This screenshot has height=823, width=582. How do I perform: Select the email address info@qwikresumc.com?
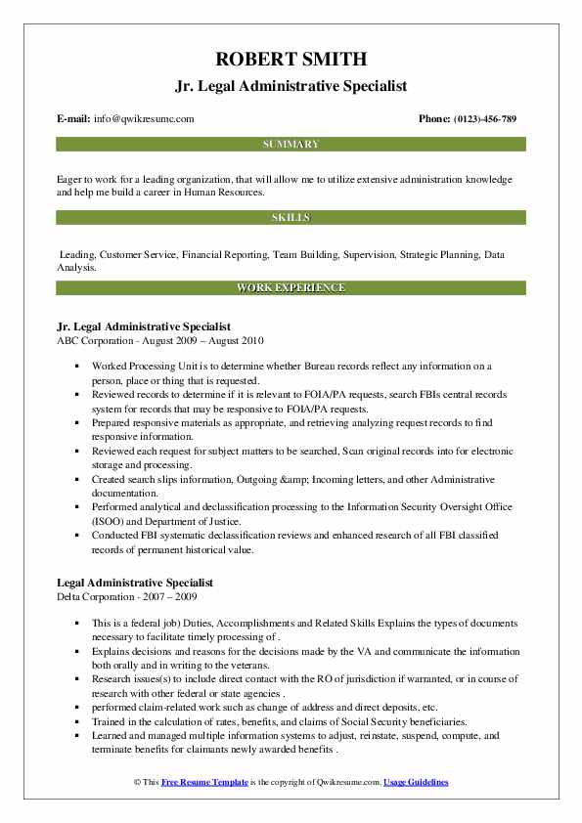point(144,119)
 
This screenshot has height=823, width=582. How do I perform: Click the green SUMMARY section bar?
point(291,145)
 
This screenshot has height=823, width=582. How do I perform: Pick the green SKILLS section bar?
point(291,216)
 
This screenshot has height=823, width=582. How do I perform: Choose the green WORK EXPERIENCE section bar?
point(291,288)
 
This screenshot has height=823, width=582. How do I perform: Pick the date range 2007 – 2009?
point(179,596)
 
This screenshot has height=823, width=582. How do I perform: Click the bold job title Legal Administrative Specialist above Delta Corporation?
point(135,583)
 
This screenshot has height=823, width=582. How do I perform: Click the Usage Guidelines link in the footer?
point(416,783)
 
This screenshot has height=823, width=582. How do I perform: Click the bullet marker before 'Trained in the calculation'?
point(76,722)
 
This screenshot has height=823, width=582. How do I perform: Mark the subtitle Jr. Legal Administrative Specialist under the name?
point(291,85)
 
